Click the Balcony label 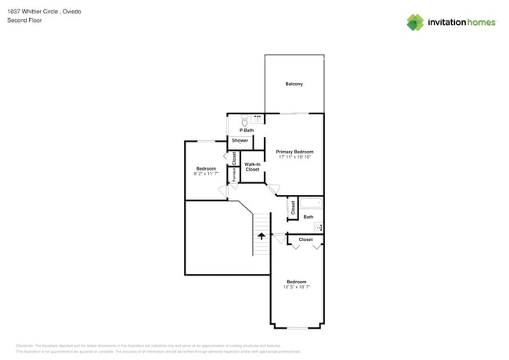pyautogui.click(x=294, y=85)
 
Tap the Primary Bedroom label pyautogui.click(x=294, y=152)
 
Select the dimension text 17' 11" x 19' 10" pyautogui.click(x=294, y=157)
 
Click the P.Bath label pyautogui.click(x=246, y=130)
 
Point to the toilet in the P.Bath pyautogui.click(x=245, y=121)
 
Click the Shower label pyautogui.click(x=240, y=141)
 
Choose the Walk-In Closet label pyautogui.click(x=252, y=167)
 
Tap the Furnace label pyautogui.click(x=233, y=175)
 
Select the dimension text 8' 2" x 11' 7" pyautogui.click(x=206, y=174)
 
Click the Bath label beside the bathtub pyautogui.click(x=308, y=217)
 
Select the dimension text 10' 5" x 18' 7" pyautogui.click(x=297, y=287)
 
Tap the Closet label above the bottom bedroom pyautogui.click(x=305, y=239)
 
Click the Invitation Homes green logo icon pyautogui.click(x=414, y=22)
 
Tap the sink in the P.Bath pyautogui.click(x=257, y=117)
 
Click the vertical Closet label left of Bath pyautogui.click(x=293, y=207)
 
